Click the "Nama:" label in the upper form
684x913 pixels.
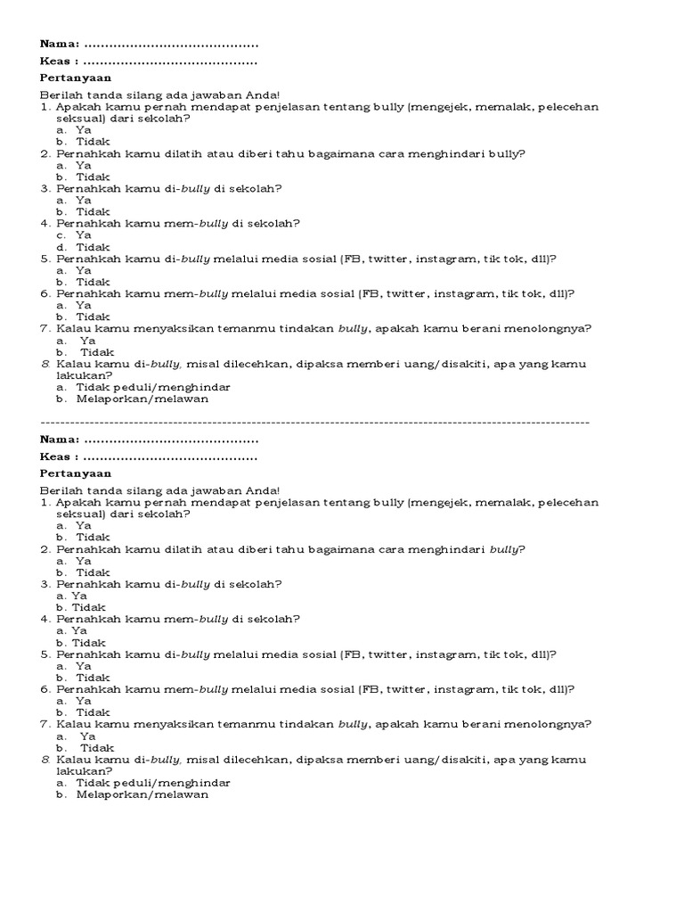click(x=60, y=44)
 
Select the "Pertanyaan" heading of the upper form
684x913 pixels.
click(x=76, y=78)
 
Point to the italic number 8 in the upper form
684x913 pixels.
click(x=45, y=364)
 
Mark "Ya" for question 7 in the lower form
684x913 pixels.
click(x=87, y=736)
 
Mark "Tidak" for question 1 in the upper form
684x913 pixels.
click(x=93, y=142)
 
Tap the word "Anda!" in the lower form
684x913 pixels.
click(x=264, y=490)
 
